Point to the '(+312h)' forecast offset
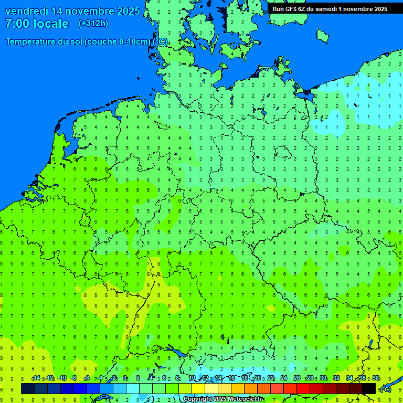tap(93, 24)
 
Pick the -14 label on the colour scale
tap(36, 378)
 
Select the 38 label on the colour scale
tap(376, 378)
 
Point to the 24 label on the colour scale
tap(284, 378)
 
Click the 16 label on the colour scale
tap(231, 378)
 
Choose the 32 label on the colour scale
tap(336, 378)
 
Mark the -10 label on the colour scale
tap(62, 378)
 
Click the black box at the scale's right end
tap(369, 388)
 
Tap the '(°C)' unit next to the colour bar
tap(385, 389)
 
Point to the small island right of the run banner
tap(322, 36)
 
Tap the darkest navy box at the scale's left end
tap(28, 388)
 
